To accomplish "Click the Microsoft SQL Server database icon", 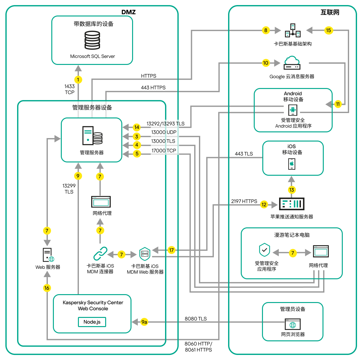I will click(92, 40).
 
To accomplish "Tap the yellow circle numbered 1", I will click(78, 79).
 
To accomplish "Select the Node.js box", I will click(92, 322).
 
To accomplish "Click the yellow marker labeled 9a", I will click(144, 322).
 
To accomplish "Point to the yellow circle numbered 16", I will click(47, 288).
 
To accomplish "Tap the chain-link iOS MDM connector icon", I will click(100, 254).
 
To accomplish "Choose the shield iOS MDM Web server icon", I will click(145, 254).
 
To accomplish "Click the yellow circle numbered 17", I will click(171, 250).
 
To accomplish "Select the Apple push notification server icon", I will click(291, 204).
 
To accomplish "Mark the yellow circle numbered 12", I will click(264, 205).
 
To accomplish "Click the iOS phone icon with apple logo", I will click(292, 164).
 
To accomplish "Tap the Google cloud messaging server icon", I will click(292, 63).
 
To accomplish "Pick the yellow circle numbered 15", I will click(329, 30).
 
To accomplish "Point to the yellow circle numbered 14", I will click(137, 127).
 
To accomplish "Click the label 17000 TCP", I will click(163, 151).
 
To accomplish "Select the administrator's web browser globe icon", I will click(293, 325).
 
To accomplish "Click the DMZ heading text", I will click(129, 12).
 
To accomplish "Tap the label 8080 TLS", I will click(195, 319).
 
